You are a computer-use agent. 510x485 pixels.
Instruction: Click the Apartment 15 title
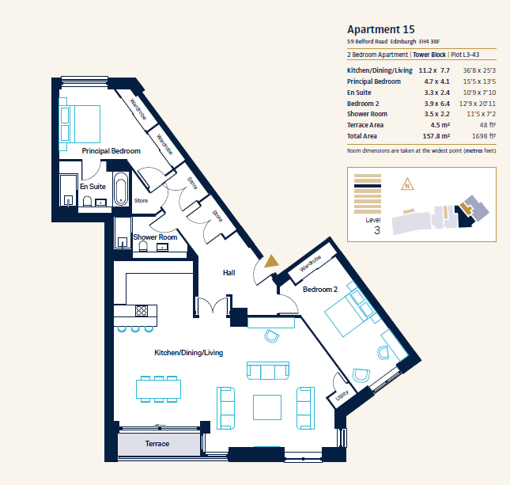click(x=381, y=29)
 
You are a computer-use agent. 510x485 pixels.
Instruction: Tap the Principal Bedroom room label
click(x=111, y=151)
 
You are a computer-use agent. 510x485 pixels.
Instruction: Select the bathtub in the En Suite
click(x=121, y=189)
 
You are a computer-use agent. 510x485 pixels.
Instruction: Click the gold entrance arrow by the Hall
click(x=271, y=261)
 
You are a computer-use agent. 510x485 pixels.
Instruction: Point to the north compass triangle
click(x=407, y=184)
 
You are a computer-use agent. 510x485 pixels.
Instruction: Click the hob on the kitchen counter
click(x=142, y=311)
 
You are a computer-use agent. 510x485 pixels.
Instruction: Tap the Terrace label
click(x=157, y=444)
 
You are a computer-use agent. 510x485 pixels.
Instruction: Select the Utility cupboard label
click(x=342, y=395)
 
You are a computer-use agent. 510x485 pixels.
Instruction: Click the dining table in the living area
click(x=158, y=389)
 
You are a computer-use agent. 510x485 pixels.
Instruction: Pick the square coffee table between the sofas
click(x=267, y=407)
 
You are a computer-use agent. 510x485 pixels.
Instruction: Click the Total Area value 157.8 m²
click(x=436, y=136)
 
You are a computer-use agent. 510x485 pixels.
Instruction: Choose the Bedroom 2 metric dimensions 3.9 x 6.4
click(x=436, y=104)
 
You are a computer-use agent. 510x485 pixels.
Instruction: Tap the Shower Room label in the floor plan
click(x=155, y=237)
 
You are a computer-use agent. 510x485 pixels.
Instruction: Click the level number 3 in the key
click(x=377, y=230)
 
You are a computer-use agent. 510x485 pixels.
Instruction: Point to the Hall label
click(x=229, y=273)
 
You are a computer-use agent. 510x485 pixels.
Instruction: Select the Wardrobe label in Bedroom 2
click(x=310, y=263)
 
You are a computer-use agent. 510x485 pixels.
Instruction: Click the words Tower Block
click(x=429, y=55)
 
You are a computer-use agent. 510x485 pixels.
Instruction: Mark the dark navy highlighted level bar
click(x=368, y=186)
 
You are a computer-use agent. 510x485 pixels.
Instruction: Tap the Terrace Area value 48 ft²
click(x=487, y=125)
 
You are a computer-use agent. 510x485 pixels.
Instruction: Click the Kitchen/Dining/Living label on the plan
click(x=189, y=353)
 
